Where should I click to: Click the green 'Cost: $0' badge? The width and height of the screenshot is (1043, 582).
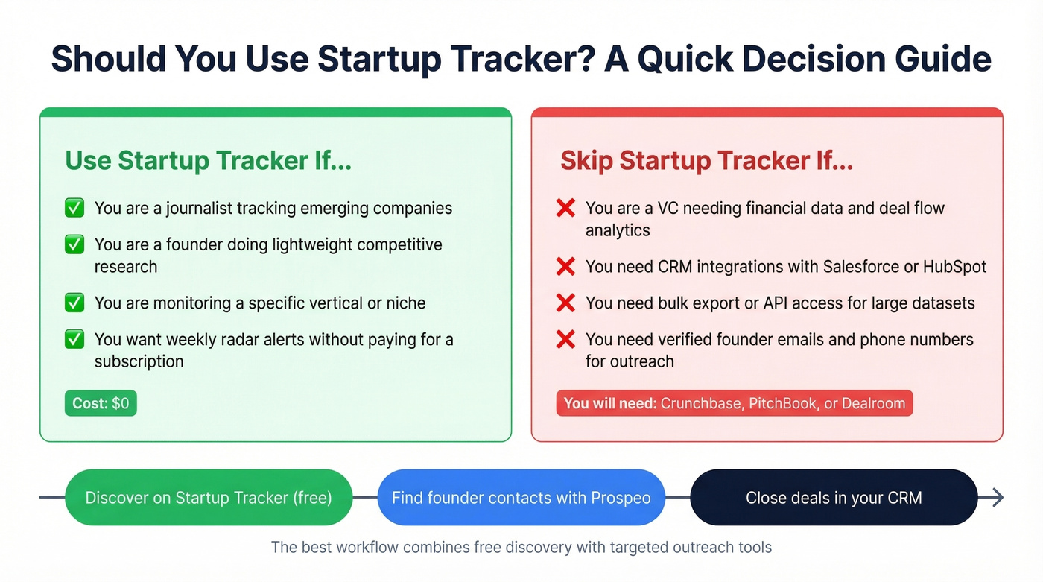101,403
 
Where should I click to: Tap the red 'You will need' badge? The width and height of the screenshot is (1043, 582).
734,404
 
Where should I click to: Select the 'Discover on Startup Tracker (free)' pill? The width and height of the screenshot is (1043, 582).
209,498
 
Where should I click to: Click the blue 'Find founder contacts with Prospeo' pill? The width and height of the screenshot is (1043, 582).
521,498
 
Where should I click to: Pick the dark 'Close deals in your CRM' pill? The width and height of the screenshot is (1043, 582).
833,498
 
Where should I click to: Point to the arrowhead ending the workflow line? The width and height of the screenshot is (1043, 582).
997,498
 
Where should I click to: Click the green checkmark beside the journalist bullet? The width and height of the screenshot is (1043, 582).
74,208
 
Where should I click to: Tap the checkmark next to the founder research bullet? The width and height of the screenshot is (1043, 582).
74,244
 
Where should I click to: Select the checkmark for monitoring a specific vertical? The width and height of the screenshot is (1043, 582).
74,303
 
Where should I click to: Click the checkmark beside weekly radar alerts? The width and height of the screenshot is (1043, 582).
74,340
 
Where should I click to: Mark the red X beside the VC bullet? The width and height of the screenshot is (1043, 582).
565,208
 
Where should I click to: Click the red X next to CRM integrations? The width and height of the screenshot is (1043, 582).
565,267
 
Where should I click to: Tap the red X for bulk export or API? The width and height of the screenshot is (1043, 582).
565,303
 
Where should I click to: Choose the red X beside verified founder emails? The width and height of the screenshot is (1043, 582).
565,340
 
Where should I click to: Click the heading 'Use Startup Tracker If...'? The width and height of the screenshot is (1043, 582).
208,161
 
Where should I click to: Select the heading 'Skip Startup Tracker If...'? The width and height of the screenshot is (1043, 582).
706,161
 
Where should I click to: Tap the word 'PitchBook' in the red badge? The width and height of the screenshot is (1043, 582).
782,404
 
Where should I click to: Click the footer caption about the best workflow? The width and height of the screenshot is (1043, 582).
521,548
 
